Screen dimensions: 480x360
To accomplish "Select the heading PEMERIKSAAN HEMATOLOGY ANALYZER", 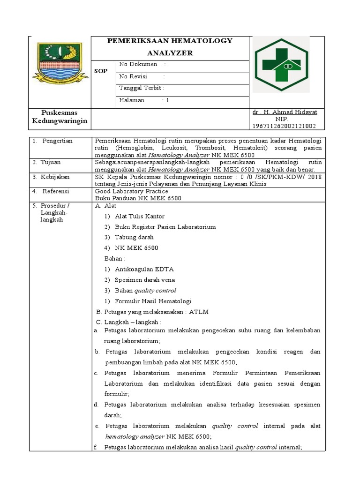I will pos(170,47).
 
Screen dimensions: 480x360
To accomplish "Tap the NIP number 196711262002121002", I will pos(284,126).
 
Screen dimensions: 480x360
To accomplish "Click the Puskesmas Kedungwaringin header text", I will pos(60,117).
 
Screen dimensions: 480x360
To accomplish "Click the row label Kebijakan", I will pos(55,177).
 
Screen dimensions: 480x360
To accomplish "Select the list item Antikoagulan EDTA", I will pos(144,269).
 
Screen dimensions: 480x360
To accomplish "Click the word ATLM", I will pos(199,312).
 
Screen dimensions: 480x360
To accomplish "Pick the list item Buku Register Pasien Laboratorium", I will pos(165,227).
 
